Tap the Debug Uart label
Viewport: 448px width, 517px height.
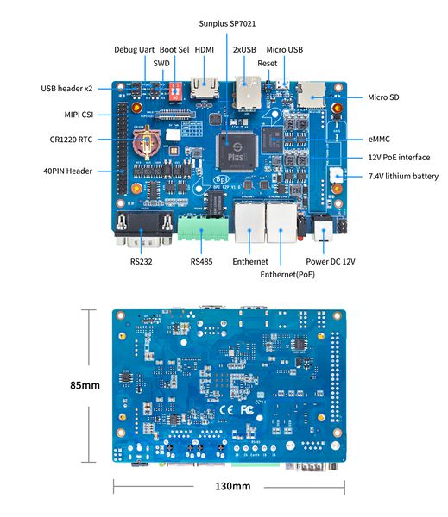point(135,50)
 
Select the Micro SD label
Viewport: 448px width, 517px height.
point(388,97)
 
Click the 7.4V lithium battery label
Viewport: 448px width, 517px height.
point(403,177)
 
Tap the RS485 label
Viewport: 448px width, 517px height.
point(201,261)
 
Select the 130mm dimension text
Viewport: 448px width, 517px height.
point(232,486)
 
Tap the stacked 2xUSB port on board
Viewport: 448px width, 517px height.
point(247,90)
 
